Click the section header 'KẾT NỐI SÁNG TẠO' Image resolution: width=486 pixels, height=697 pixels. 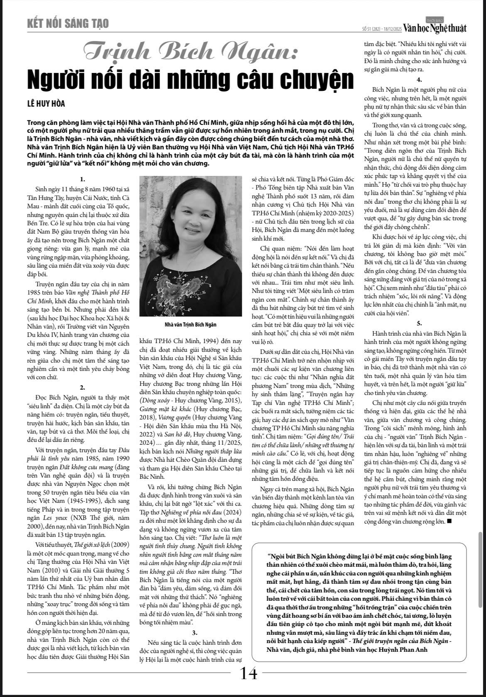67,24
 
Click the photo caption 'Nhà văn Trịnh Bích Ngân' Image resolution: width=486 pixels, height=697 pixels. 190,324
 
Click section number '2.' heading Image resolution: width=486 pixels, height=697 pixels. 83,387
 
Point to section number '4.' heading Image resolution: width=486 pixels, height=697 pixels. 420,80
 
